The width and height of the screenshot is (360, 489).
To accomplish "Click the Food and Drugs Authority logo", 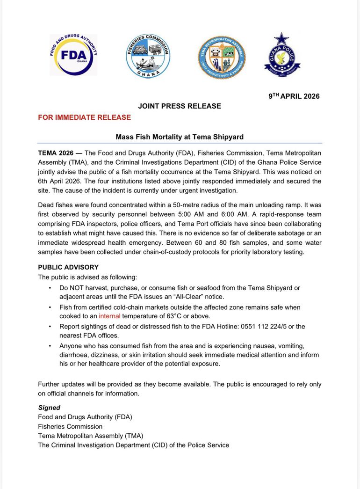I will [73, 55].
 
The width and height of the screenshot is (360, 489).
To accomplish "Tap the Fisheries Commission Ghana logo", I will [148, 56].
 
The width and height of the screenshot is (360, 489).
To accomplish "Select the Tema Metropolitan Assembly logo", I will [221, 57].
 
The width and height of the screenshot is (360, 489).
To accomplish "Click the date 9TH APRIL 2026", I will [294, 96].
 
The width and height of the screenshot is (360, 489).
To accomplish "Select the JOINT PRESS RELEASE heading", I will [180, 106].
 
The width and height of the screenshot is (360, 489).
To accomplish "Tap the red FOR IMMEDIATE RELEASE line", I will [84, 117].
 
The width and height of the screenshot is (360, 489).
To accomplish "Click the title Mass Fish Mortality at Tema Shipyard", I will [180, 137].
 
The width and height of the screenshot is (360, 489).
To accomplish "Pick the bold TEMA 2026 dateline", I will [56, 153].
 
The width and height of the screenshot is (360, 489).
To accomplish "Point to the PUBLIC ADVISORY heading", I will [68, 267].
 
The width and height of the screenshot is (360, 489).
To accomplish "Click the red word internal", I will [109, 316].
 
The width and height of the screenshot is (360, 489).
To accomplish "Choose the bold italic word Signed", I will [49, 408].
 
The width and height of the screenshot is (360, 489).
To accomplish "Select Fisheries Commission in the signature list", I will [70, 426].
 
